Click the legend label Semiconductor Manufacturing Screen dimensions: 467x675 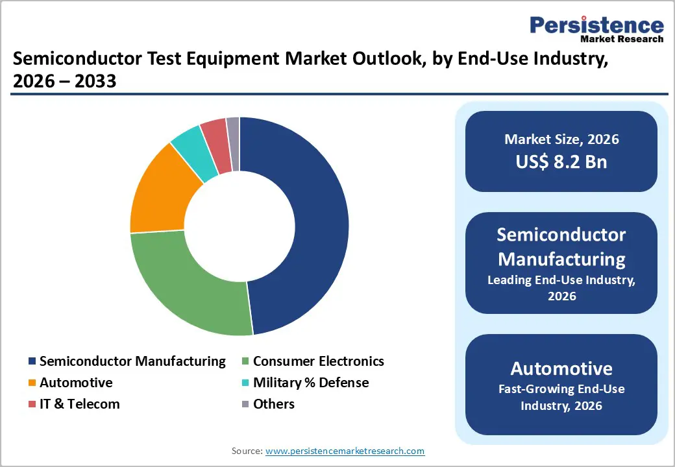point(132,361)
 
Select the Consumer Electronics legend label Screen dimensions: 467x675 point(318,361)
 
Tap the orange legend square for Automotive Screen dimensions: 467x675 point(32,383)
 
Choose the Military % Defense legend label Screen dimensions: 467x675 point(310,383)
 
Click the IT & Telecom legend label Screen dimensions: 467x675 point(79,404)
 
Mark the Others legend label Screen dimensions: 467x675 point(273,404)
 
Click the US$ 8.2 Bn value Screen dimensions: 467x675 point(561,162)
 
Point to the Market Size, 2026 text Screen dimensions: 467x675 point(561,139)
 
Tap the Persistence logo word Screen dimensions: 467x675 point(596,25)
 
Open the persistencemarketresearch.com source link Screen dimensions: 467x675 point(345,451)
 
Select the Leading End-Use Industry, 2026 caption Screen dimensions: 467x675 point(561,288)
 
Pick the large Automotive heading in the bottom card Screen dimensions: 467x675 point(561,368)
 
